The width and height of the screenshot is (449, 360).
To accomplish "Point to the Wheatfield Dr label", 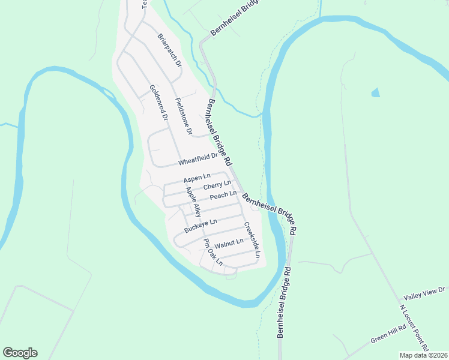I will coord(197,159).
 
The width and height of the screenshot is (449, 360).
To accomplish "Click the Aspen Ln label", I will coord(197,178).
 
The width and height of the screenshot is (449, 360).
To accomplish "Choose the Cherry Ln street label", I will coord(217,186).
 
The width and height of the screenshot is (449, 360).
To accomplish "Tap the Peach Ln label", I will coord(223,195).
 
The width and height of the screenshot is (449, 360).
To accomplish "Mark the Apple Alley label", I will coord(193,203).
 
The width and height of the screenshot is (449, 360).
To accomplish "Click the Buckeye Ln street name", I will coord(200,226).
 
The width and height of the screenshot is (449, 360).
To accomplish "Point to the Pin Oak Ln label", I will coord(212,253).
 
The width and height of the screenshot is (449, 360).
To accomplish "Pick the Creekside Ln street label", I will coord(252,240).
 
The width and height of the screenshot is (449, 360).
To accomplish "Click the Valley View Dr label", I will coord(424,293).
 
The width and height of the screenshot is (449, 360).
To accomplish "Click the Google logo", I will coord(20,353).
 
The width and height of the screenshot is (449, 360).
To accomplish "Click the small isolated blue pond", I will coord(376,92).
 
